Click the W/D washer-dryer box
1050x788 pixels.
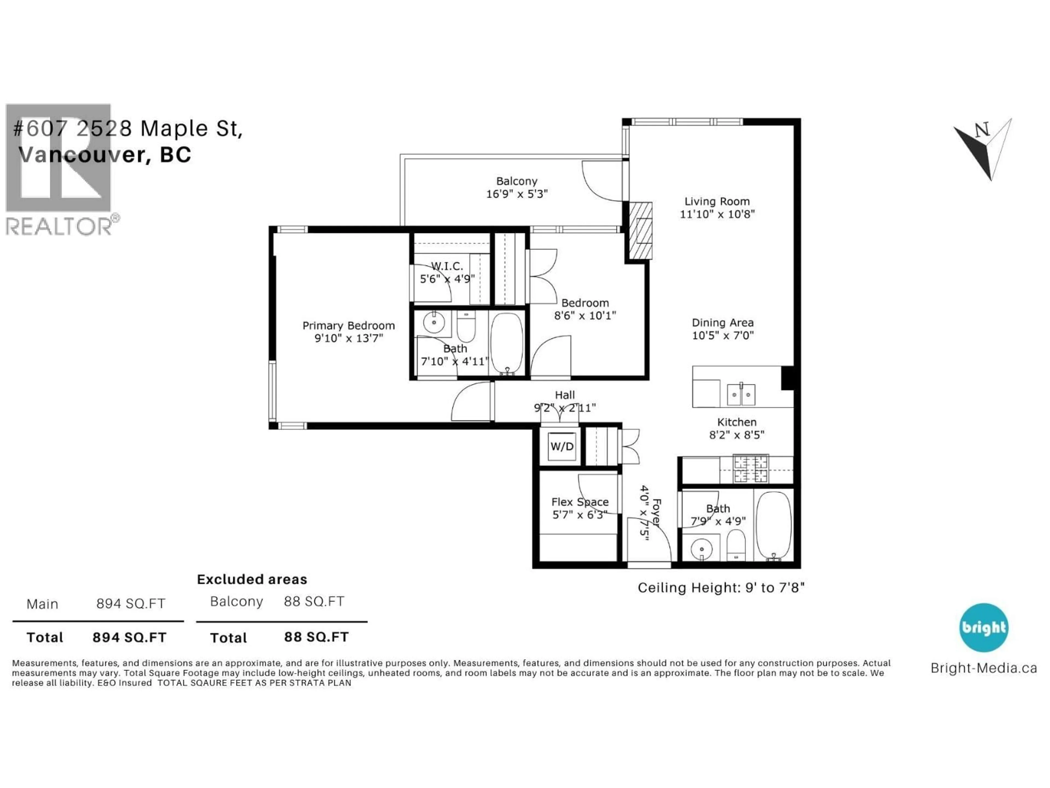(562, 447)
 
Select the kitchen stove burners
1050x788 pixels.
(751, 468)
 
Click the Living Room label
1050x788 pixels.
(717, 201)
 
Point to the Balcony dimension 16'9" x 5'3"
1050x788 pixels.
(517, 194)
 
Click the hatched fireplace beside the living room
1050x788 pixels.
(640, 231)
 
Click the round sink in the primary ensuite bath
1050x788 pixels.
(433, 323)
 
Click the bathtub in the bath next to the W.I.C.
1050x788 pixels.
(506, 343)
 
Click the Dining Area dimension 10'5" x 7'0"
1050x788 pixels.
(722, 335)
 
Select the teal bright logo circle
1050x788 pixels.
(984, 627)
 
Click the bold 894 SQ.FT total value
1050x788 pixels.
(129, 638)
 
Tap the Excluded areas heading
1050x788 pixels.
(252, 580)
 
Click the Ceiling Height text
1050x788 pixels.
(721, 588)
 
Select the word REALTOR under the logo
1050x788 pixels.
(59, 227)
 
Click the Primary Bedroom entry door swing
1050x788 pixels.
(470, 402)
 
